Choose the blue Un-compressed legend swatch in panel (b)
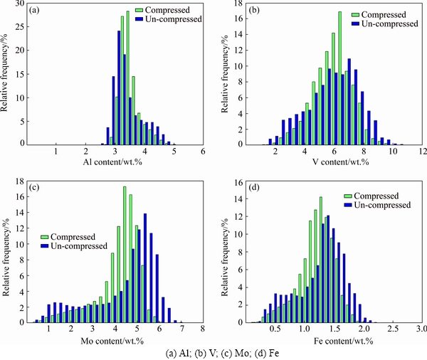(x=355, y=23)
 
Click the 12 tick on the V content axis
(x=422, y=152)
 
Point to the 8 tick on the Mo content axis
(x=203, y=329)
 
